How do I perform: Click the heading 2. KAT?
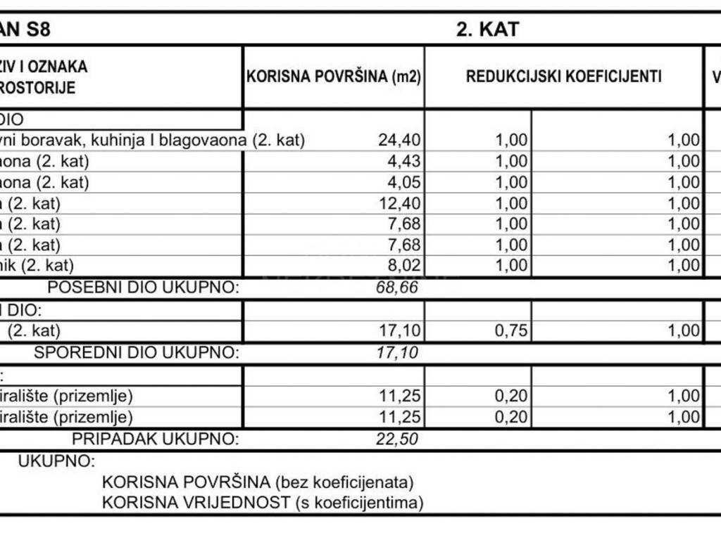488,30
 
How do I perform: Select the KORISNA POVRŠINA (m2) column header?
333,77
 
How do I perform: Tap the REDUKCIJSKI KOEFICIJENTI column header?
564,77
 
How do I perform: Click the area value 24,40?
400,141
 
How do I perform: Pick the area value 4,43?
405,162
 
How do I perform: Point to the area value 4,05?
405,183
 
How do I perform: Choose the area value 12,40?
400,204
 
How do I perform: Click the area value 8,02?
405,266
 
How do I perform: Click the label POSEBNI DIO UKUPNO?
143,288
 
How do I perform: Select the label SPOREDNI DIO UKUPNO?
137,352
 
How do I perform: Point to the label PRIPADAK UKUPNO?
156,440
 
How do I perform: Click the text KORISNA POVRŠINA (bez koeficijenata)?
258,483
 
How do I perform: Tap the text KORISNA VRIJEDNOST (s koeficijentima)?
263,503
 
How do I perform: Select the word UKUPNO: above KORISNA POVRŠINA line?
56,462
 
